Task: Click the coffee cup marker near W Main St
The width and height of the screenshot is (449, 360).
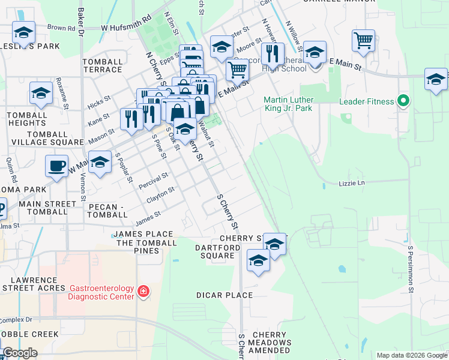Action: tap(57, 166)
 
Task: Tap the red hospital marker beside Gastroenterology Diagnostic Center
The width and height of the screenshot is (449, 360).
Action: tap(143, 292)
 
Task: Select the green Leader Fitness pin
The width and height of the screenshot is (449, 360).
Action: tap(403, 101)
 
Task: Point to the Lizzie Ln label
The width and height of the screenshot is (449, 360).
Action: tap(351, 182)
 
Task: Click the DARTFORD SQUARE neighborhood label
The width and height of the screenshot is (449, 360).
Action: tap(214, 251)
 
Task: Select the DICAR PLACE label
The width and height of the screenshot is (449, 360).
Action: tap(224, 295)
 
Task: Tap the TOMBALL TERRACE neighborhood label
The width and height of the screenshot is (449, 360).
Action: tap(102, 65)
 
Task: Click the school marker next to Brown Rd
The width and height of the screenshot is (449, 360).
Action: tap(23, 32)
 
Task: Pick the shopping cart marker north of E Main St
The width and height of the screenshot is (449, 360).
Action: tap(363, 41)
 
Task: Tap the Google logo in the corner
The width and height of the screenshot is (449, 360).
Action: tap(19, 353)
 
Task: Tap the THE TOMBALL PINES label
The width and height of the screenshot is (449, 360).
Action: tap(146, 242)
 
